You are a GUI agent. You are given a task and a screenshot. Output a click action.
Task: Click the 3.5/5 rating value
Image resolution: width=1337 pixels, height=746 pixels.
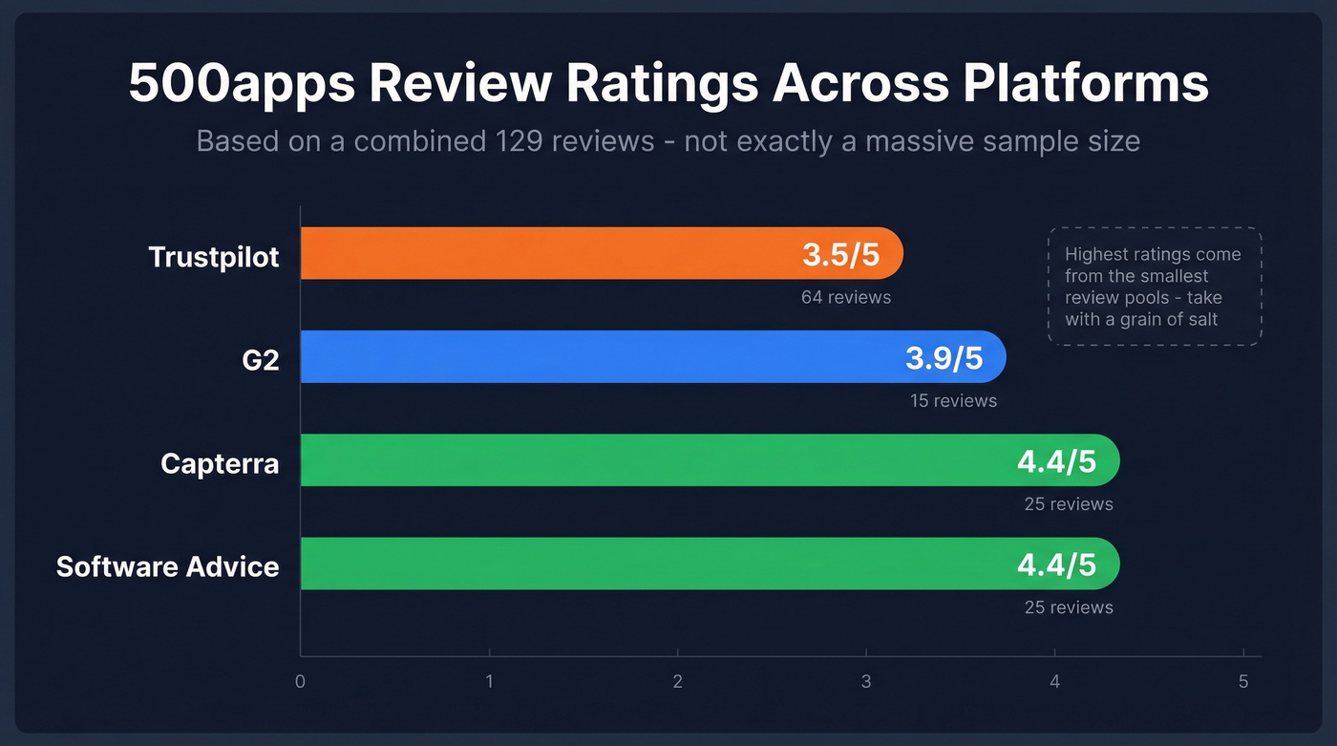coord(840,255)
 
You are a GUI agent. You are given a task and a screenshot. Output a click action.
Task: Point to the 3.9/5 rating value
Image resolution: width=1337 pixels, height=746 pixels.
coord(944,358)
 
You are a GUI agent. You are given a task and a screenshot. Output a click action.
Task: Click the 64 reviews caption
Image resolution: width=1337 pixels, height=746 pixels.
coord(846,297)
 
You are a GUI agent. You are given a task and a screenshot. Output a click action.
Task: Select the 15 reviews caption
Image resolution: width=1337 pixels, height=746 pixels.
coord(953,400)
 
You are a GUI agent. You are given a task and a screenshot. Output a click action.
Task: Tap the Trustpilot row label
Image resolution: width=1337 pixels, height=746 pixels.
coord(214,256)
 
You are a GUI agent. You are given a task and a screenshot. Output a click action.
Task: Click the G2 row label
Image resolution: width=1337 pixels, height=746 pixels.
coord(260,360)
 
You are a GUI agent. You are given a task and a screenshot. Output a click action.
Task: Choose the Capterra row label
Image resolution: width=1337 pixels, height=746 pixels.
coord(220,463)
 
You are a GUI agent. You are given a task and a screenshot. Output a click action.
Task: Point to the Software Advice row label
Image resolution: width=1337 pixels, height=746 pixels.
coord(168,566)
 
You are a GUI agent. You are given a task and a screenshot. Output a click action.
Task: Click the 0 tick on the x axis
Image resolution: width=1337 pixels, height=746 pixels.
coord(300,682)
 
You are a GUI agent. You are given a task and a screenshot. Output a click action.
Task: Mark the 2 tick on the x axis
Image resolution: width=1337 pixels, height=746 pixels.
coord(677,682)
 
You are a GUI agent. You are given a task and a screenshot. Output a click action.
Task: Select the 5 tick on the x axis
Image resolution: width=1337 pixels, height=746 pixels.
coord(1243,682)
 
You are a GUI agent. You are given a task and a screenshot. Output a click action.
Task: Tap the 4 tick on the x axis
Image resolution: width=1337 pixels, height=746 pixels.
coord(1054,682)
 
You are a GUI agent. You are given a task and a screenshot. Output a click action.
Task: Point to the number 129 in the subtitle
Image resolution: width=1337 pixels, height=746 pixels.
coord(520,141)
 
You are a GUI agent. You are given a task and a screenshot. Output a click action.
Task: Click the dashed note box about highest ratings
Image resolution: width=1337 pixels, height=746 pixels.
coord(1155,286)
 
